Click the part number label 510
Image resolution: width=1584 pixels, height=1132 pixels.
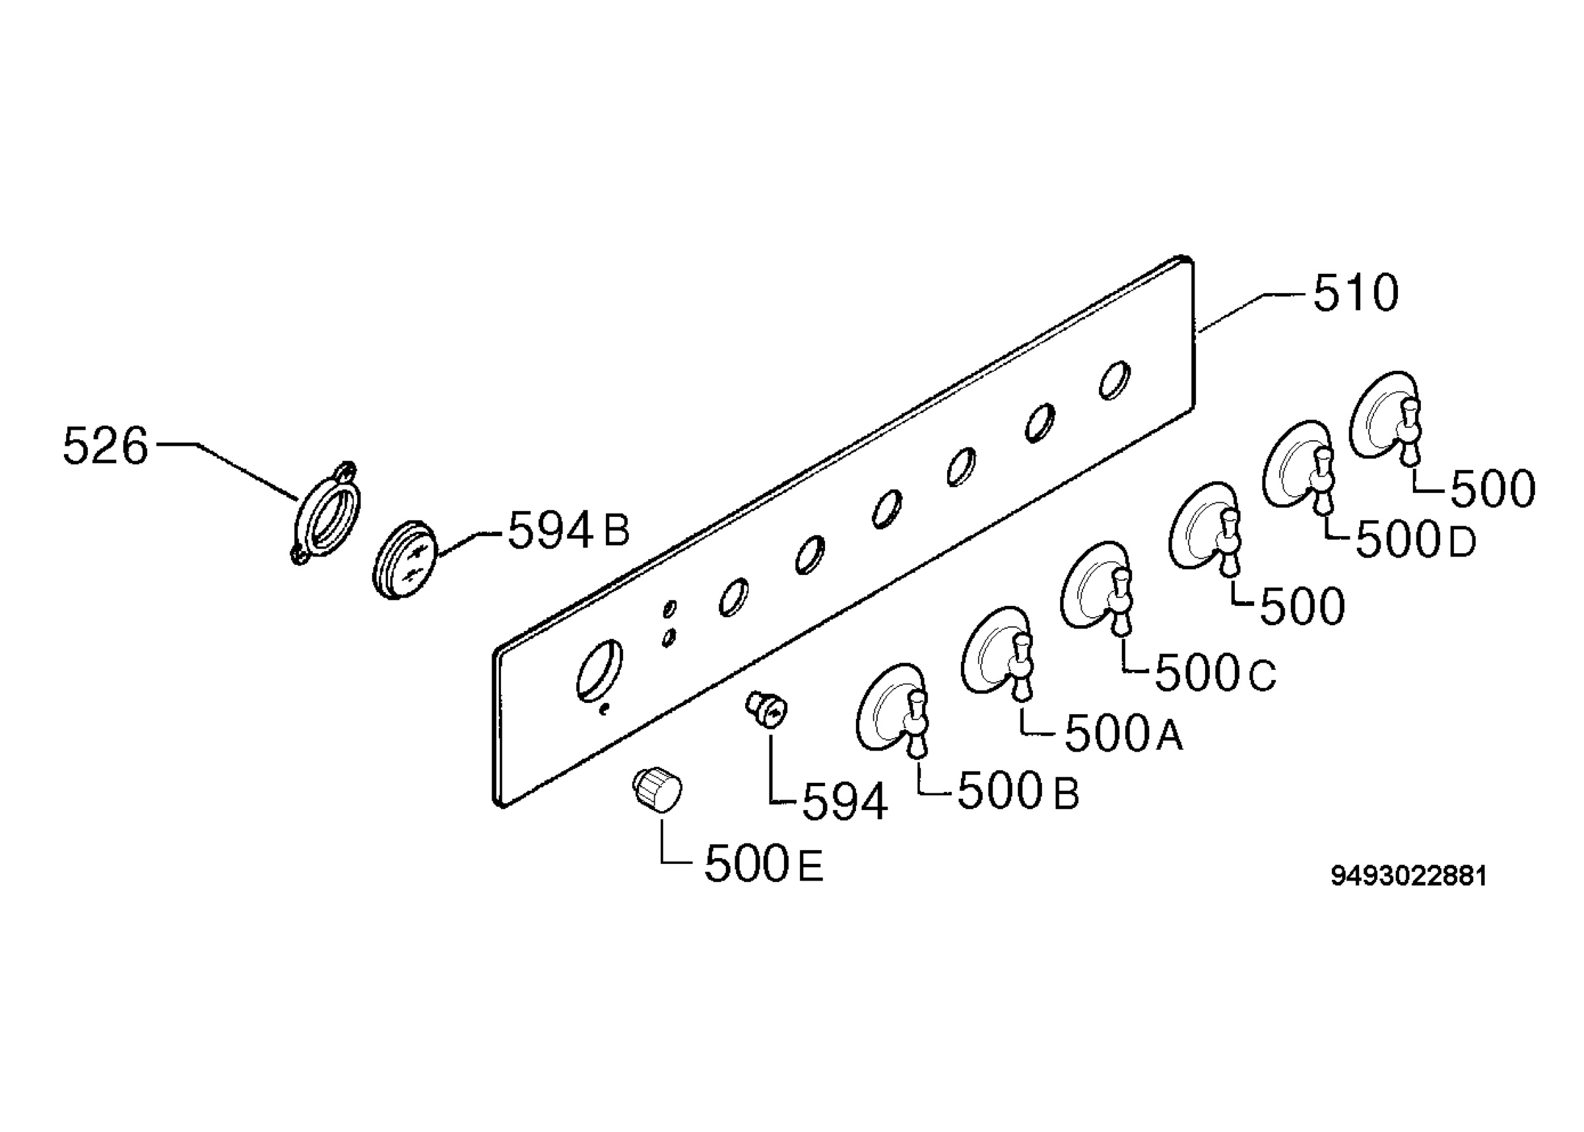[1356, 294]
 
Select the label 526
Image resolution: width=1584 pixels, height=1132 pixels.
[105, 446]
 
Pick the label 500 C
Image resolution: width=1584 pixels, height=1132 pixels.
[1216, 673]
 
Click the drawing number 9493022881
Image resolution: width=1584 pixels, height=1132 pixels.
[1409, 876]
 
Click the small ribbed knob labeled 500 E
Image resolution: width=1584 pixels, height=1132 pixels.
[657, 789]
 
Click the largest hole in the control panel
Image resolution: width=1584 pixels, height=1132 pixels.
[599, 669]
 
